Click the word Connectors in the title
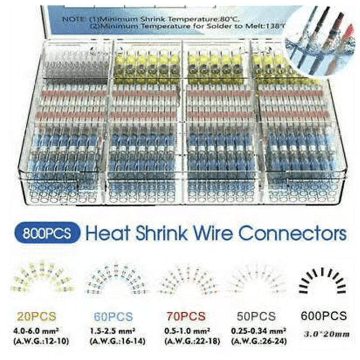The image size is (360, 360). pos(292,234)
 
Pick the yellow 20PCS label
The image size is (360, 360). pos(40,316)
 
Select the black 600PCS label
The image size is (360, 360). pos(321,316)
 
